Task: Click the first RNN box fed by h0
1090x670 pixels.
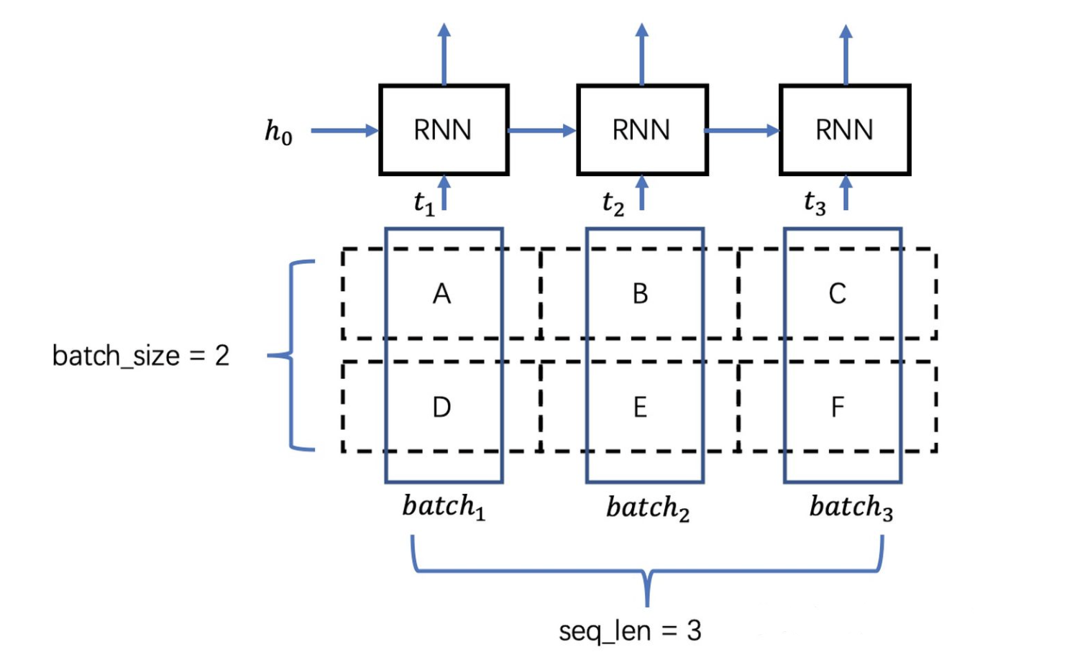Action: pos(444,130)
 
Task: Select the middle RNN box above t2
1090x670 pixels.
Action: pos(642,130)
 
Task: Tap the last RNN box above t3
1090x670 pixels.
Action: pos(845,130)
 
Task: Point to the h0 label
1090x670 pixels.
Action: pos(278,132)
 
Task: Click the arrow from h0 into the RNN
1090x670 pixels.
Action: pos(344,131)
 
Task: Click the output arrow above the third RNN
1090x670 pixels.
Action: pos(846,55)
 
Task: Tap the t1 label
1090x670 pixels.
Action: pos(424,203)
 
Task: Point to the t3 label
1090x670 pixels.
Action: pos(815,203)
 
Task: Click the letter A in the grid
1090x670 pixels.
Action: pos(442,293)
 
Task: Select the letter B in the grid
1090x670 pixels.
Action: pos(640,293)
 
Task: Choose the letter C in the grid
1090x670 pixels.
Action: pos(838,293)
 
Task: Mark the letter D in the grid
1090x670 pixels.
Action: pos(441,408)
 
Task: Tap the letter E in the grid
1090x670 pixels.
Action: pos(640,408)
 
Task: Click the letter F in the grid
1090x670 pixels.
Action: pos(838,408)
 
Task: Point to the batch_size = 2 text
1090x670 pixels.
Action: pos(141,356)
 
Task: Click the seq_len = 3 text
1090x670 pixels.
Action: pos(630,631)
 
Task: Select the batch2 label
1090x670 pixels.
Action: pos(647,508)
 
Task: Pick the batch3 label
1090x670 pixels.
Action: pos(851,507)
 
